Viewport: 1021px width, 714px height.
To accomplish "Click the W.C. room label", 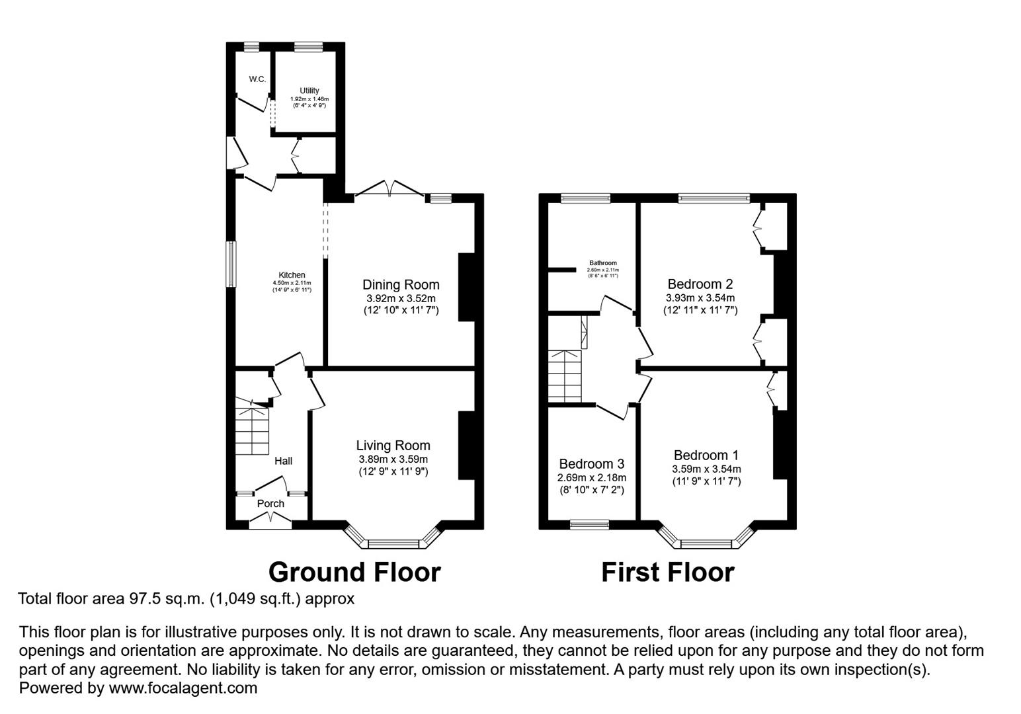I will (257, 79).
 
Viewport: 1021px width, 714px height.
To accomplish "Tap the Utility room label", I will (309, 91).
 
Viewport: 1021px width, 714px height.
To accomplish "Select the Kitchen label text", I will (292, 275).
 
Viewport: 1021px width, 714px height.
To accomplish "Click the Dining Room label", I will (401, 285).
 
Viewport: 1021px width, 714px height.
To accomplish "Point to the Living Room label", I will (393, 446).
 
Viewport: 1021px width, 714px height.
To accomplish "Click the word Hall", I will (283, 461).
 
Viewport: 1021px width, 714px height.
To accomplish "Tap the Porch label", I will (270, 504).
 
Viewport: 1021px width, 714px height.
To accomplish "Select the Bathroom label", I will (602, 262).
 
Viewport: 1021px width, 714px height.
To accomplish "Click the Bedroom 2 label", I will (700, 284).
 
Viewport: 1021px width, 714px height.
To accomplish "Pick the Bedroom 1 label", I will (706, 455).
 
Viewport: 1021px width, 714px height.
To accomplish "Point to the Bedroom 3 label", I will (591, 464).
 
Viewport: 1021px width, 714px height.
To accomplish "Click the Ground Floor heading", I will (354, 572).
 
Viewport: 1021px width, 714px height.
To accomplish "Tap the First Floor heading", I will (667, 572).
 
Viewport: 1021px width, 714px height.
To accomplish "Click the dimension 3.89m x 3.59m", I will (393, 459).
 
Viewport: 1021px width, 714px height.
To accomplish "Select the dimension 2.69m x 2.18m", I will (591, 477).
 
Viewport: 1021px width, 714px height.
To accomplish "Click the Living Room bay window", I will (393, 543).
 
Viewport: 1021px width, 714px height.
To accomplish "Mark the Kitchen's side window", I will (231, 264).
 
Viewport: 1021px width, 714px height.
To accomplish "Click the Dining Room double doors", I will (389, 190).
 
